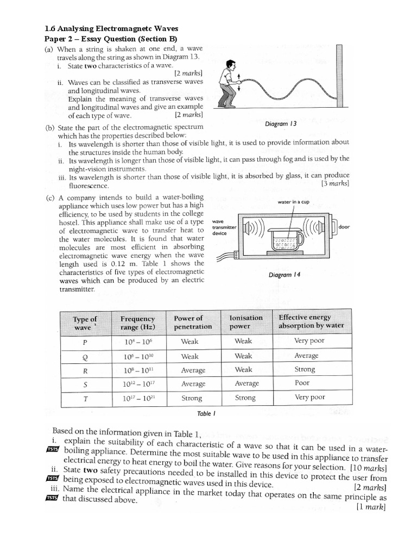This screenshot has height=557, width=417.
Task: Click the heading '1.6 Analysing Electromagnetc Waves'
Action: (x=111, y=28)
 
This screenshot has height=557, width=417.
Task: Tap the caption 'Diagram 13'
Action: (x=281, y=123)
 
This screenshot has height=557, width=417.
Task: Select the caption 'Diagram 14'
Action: (x=285, y=275)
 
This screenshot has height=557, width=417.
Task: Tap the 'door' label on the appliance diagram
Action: (x=344, y=226)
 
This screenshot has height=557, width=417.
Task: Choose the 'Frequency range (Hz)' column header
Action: (x=137, y=323)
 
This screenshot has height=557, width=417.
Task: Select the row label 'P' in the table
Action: (x=85, y=343)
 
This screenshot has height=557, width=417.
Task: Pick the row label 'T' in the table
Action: (x=85, y=398)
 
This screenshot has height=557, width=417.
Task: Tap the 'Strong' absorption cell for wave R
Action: (x=305, y=369)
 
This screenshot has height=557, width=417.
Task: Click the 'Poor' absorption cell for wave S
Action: (x=302, y=383)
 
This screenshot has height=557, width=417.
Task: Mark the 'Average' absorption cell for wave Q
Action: (x=306, y=356)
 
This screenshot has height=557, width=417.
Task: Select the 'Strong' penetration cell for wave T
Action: (x=191, y=398)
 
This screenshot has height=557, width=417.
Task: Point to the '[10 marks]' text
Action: (x=369, y=468)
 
